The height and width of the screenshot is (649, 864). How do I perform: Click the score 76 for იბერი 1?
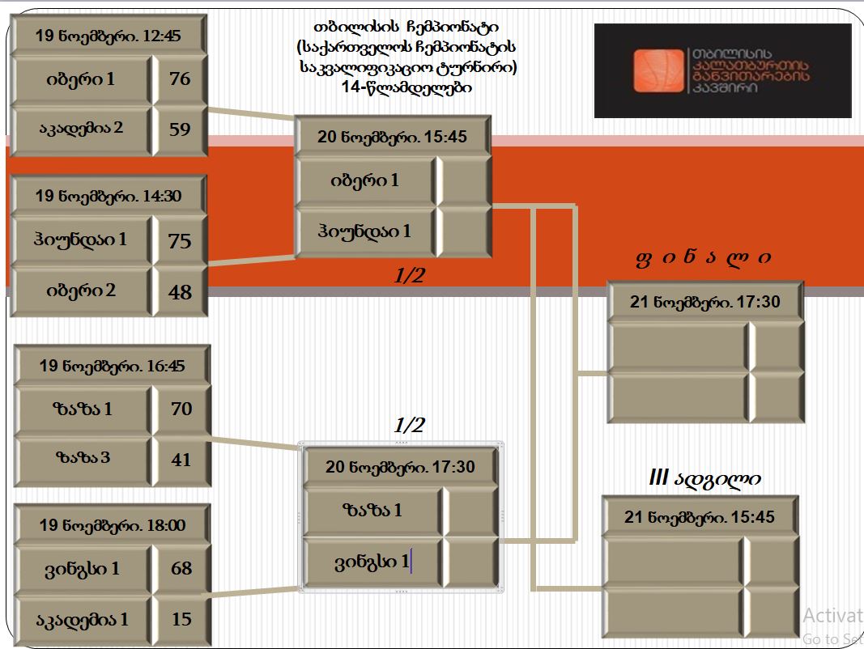(181, 78)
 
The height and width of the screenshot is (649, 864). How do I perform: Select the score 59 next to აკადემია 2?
(181, 129)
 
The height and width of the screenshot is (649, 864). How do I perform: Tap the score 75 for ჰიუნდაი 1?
(180, 241)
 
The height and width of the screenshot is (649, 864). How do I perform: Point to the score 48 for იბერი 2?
(181, 292)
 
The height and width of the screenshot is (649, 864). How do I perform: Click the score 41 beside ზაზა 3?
(181, 460)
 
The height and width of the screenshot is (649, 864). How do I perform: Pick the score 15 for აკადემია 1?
(181, 619)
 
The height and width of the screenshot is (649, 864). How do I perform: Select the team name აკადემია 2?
(81, 128)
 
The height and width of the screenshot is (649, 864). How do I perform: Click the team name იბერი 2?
(81, 290)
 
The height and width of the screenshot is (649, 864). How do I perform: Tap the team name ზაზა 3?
(83, 457)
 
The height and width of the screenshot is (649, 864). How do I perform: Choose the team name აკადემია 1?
(82, 620)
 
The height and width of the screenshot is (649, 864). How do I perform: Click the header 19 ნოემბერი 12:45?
(108, 36)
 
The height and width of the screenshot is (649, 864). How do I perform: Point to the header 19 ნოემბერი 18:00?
(113, 526)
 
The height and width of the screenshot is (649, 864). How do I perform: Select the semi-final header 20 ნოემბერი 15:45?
(392, 137)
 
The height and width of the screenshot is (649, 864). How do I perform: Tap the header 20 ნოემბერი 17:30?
(400, 468)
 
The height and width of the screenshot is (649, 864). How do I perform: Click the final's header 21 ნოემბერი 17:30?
(705, 302)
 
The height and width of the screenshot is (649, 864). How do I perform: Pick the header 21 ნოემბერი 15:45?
(700, 517)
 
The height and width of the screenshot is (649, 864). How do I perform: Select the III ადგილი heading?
(705, 477)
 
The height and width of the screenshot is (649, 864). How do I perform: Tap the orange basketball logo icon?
(658, 70)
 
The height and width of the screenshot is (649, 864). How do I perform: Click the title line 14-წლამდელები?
(406, 87)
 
